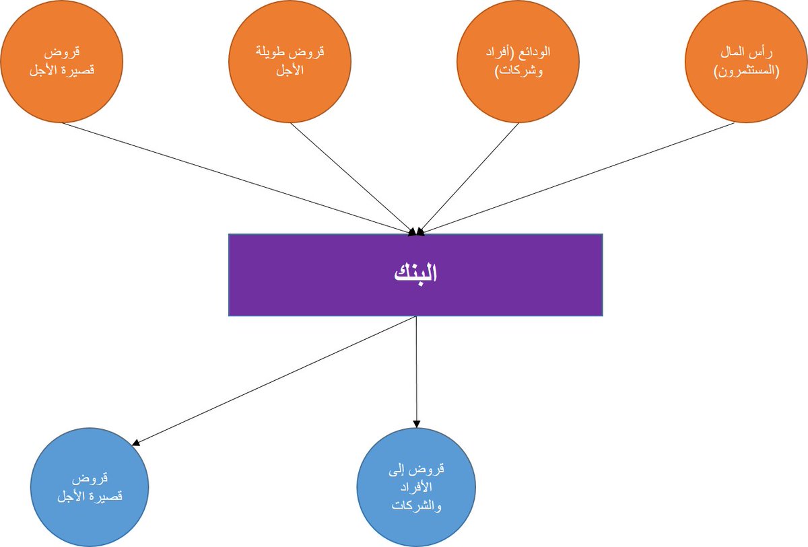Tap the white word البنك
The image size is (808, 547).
(415, 274)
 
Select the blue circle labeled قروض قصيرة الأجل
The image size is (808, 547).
(90, 486)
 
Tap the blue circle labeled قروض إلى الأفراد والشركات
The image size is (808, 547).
(416, 487)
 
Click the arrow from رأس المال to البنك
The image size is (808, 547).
(579, 179)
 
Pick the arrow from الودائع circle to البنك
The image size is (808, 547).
(467, 179)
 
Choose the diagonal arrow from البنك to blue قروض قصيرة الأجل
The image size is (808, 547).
(276, 380)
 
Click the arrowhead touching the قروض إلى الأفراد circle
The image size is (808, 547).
(416, 424)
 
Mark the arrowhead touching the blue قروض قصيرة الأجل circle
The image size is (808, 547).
(135, 443)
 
